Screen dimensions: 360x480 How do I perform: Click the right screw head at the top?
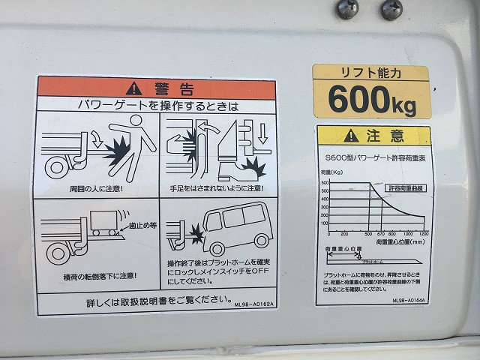pos(391,8)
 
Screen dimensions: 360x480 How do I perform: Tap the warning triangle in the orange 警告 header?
pos(133,87)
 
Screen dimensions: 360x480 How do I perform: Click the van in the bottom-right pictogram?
pos(232,223)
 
